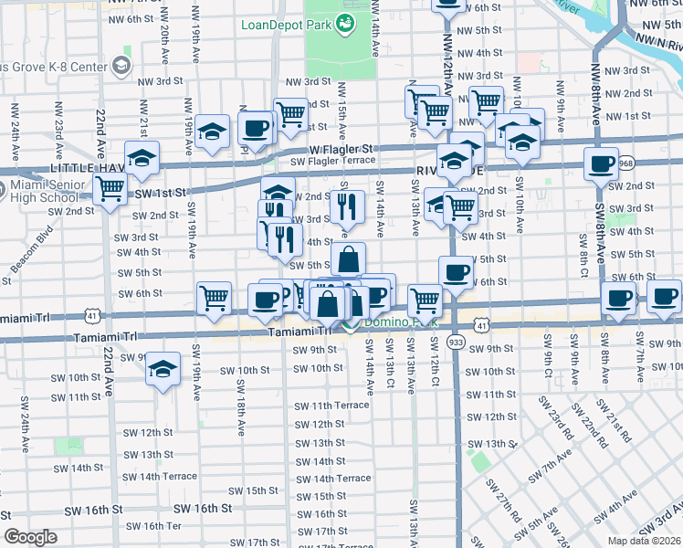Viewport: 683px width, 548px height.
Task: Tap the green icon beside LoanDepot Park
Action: pyautogui.click(x=346, y=24)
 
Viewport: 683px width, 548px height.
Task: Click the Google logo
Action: pyautogui.click(x=30, y=537)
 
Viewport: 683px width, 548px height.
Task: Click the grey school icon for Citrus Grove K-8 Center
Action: pyautogui.click(x=121, y=65)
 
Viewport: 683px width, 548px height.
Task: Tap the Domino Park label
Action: pyautogui.click(x=393, y=322)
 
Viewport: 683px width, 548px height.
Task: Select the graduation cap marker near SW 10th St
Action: pyautogui.click(x=163, y=369)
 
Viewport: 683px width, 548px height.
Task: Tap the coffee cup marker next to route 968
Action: pyautogui.click(x=601, y=164)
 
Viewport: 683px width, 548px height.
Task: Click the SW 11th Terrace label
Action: pyautogui.click(x=331, y=405)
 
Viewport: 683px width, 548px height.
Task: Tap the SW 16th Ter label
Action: pyautogui.click(x=154, y=526)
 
